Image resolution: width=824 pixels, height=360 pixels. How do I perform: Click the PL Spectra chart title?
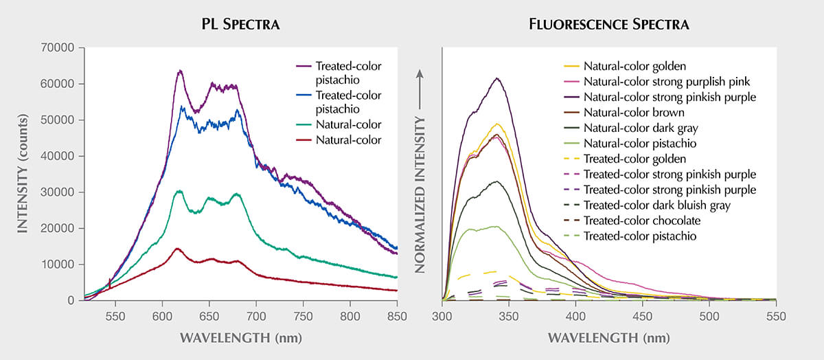(x=240, y=24)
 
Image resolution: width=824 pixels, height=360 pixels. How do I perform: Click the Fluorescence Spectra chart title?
(x=609, y=24)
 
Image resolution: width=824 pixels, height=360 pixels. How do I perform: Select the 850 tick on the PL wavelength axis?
(x=397, y=317)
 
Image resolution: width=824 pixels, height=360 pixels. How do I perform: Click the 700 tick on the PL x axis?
(x=256, y=317)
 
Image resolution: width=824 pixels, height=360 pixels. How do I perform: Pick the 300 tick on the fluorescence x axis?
(x=442, y=317)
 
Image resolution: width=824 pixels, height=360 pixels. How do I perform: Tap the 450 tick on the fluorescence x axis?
(x=642, y=317)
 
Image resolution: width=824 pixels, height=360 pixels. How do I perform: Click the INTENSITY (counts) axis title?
(x=23, y=173)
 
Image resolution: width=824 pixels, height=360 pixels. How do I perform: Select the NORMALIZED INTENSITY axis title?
(x=420, y=195)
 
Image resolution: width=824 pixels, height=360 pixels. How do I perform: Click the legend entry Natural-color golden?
(x=625, y=66)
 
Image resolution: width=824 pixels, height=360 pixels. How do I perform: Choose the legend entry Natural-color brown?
(x=624, y=113)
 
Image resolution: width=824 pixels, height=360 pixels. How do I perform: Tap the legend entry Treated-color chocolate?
(x=632, y=221)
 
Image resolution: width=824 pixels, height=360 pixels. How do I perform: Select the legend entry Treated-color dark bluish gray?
(x=647, y=205)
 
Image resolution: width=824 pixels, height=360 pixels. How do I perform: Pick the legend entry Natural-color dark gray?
(x=631, y=128)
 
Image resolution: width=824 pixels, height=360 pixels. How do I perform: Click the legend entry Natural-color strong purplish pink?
(x=656, y=82)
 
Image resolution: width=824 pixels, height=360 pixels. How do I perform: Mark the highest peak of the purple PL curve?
(x=180, y=70)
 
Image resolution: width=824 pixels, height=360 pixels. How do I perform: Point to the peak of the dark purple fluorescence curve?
(x=497, y=78)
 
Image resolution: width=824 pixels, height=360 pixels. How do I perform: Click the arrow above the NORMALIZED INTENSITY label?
(x=420, y=89)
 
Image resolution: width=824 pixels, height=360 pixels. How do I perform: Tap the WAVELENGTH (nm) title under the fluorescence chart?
(x=609, y=338)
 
